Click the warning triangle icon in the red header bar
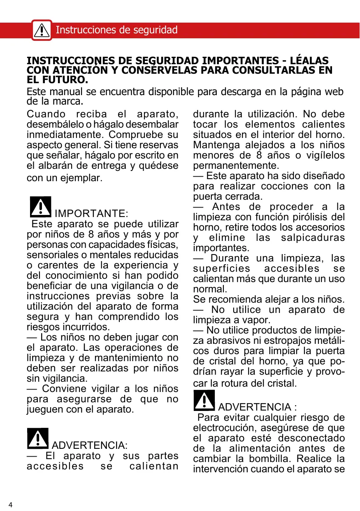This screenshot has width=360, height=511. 42,30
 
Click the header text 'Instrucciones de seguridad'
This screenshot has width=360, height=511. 116,30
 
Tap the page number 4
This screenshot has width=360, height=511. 11,505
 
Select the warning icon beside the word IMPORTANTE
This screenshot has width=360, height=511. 40,207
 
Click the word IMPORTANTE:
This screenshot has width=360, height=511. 91,214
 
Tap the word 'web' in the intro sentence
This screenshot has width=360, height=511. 334,92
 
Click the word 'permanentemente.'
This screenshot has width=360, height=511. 236,166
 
